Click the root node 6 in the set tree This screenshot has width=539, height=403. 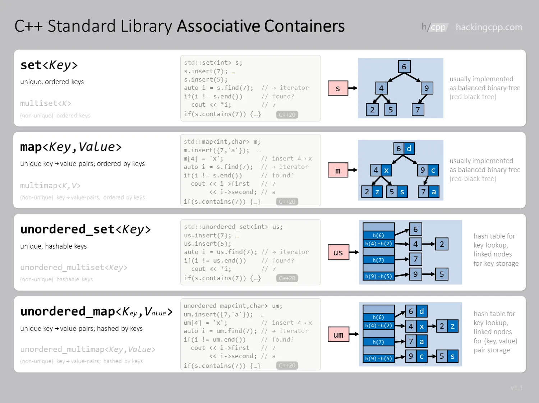[404, 67]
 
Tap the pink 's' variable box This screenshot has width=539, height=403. [338, 88]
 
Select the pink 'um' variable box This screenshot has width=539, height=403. [338, 335]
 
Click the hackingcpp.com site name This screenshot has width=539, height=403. [489, 27]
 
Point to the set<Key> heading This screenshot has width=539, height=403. [49, 65]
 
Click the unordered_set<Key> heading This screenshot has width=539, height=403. [86, 229]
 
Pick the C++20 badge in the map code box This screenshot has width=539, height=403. [287, 202]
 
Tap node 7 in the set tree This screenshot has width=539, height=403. [418, 110]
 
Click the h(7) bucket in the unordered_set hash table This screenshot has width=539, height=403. [378, 260]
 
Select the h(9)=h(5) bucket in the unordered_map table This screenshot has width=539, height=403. [378, 358]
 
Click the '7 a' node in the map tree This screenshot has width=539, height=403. [429, 192]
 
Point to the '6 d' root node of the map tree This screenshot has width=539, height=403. [404, 149]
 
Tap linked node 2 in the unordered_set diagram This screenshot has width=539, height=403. [442, 244]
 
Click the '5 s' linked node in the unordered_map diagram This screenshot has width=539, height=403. [447, 356]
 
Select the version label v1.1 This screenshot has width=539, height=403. [517, 388]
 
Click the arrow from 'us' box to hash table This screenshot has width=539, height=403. [354, 252]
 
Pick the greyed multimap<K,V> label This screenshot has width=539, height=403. [50, 186]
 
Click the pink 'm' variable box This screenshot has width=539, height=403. [338, 170]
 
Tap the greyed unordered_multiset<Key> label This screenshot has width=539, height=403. [74, 268]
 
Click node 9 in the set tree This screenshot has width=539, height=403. [427, 88]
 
